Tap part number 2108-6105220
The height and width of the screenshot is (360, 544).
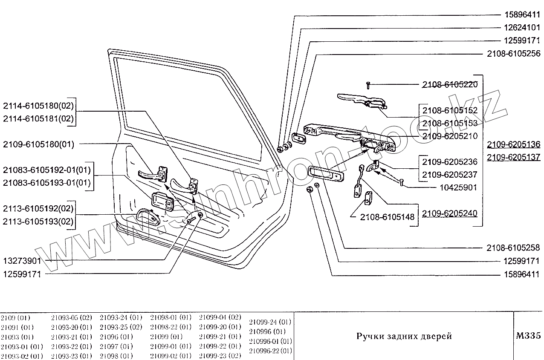(x=450, y=84)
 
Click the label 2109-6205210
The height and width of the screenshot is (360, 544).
(x=450, y=136)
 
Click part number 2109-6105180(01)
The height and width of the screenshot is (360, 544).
(x=38, y=144)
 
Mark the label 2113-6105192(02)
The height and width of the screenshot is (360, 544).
(x=38, y=209)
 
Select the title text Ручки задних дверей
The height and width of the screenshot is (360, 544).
(x=403, y=336)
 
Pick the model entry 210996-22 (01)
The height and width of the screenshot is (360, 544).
(x=270, y=351)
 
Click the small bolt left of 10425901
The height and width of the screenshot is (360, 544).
(x=401, y=182)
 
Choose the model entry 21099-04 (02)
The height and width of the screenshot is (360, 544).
(x=220, y=318)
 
